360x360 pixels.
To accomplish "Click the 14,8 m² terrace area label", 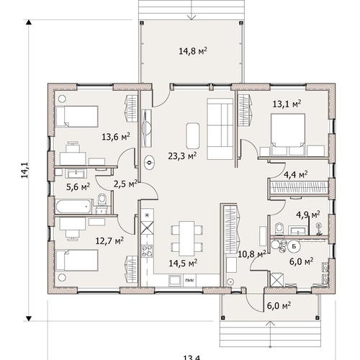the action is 193,51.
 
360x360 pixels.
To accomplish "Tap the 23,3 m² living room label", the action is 182,156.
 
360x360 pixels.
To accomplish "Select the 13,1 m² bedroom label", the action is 287,104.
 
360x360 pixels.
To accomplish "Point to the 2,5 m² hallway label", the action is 125,184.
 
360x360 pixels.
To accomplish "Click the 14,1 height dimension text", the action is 24,170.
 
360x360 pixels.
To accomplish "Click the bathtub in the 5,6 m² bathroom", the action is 73,207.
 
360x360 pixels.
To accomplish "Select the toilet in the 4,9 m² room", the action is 279,228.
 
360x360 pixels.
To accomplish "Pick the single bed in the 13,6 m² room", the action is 77,117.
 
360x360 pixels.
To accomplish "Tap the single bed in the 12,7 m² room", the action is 77,261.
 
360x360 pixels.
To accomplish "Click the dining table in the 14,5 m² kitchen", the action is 186,238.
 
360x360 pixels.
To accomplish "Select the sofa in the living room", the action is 220,129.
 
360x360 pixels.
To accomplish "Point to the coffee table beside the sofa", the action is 192,136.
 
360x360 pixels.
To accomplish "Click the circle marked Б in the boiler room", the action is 294,246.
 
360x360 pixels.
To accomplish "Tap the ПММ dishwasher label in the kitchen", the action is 189,280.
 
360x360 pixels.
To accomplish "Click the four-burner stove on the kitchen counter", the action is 147,251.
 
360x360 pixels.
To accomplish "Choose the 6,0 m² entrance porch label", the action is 279,306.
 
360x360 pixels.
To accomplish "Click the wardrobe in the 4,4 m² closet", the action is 299,187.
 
